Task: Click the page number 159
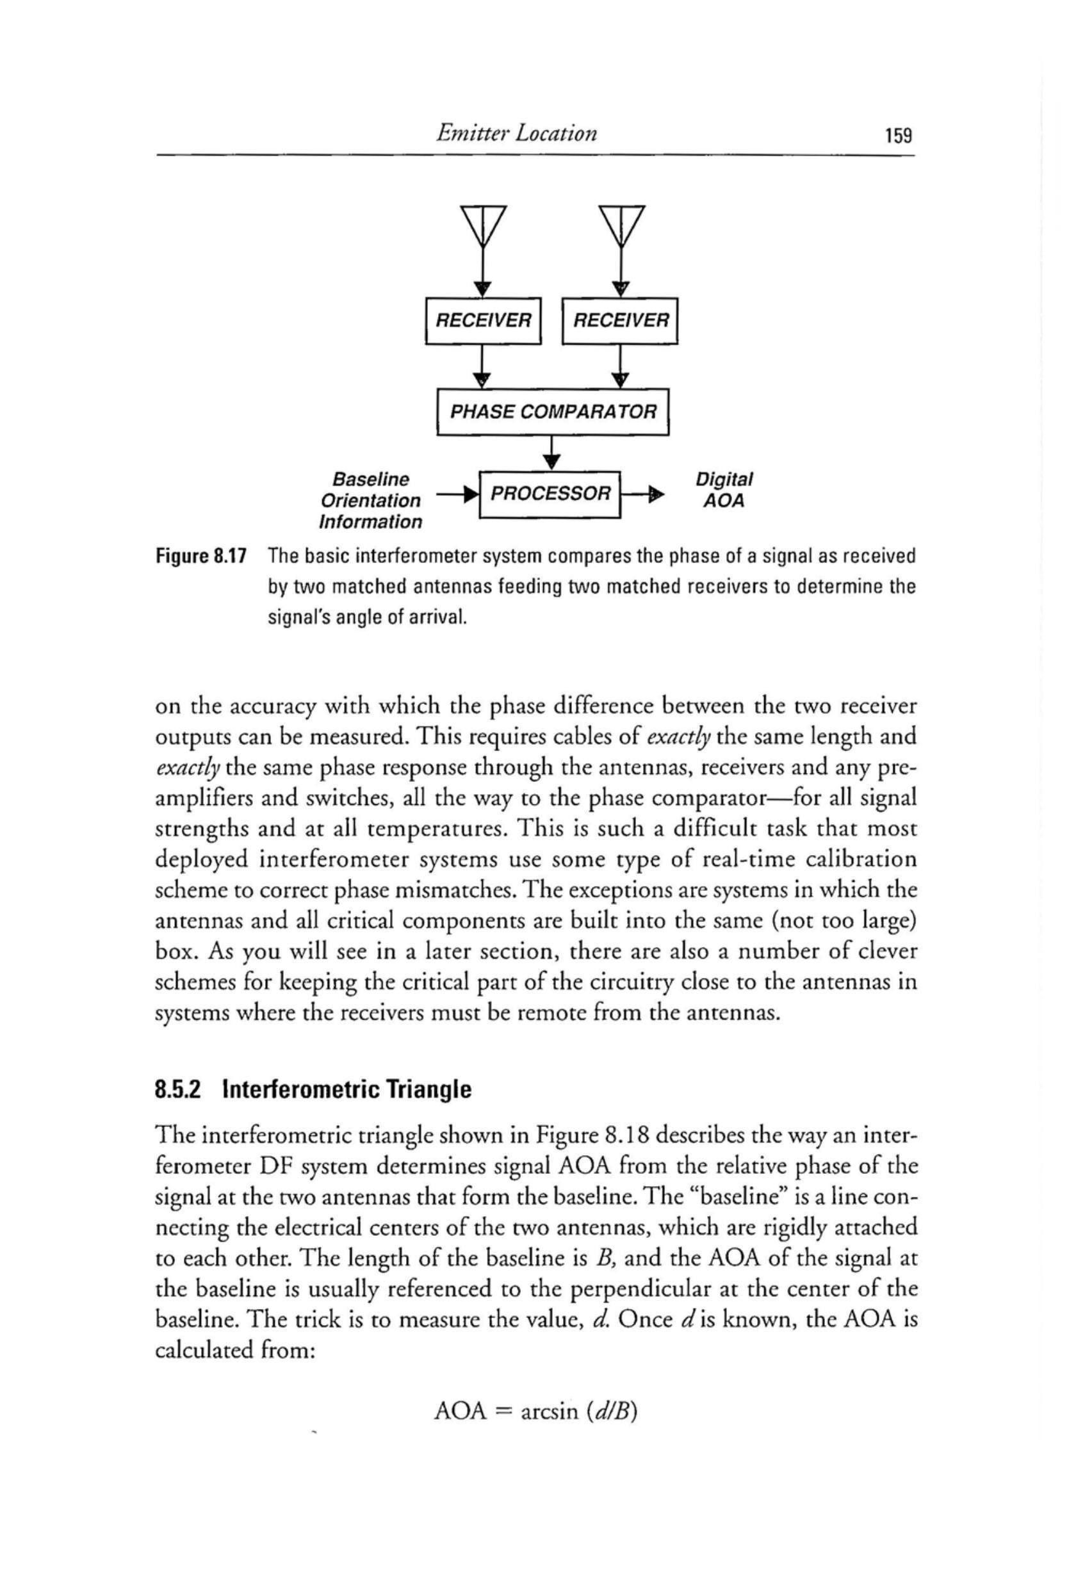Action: (x=899, y=136)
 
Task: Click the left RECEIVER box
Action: (x=482, y=321)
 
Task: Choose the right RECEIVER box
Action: (x=621, y=321)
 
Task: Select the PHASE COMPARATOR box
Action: (x=553, y=412)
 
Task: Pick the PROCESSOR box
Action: (x=550, y=494)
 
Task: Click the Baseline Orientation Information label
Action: (x=370, y=501)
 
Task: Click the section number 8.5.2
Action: (x=180, y=1091)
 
